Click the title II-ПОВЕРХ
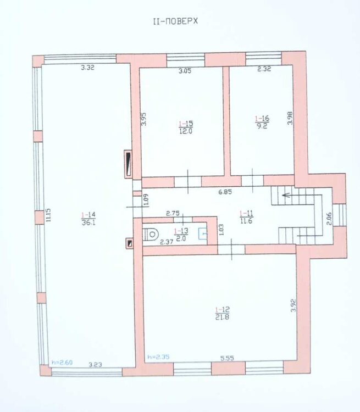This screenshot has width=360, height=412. click(175, 21)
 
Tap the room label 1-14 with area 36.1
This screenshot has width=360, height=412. click(88, 219)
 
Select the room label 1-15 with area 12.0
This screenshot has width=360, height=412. click(186, 127)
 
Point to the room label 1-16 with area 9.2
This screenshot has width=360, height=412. click(262, 122)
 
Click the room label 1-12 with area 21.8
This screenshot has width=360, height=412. click(222, 313)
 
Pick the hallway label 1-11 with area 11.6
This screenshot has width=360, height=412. click(246, 217)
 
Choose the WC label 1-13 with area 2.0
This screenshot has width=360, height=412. click(181, 235)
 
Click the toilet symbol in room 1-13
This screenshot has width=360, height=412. click(151, 235)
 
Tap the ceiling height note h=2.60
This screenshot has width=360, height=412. click(62, 363)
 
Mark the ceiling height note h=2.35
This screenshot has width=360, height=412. click(159, 357)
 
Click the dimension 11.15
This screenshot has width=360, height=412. click(48, 215)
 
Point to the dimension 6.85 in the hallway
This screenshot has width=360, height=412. click(225, 192)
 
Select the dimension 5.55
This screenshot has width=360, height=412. click(227, 358)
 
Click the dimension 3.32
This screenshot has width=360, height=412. click(87, 68)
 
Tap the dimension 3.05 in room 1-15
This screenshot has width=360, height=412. click(185, 71)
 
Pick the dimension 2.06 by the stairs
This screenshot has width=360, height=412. click(329, 218)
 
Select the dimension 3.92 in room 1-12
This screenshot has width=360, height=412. click(293, 305)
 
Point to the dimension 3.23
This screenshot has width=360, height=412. click(95, 364)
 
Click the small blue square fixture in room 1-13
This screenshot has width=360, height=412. click(203, 233)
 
